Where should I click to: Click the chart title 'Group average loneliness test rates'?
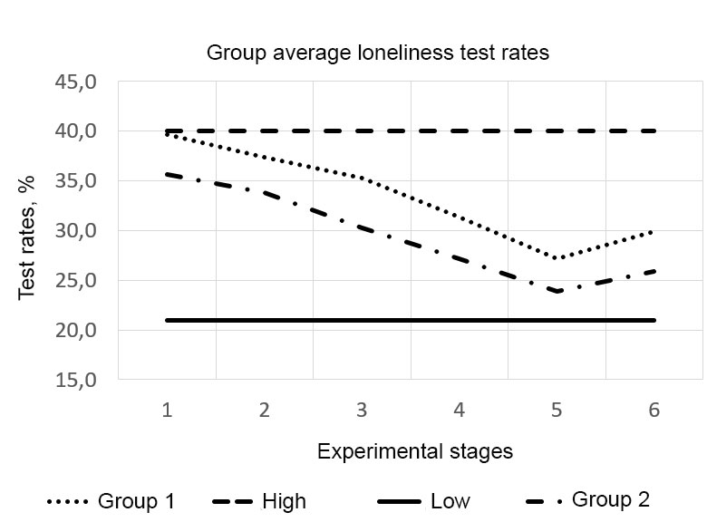(x=378, y=53)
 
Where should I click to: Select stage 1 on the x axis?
(x=168, y=410)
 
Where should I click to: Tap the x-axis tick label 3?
(x=362, y=410)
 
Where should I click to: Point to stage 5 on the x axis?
(x=557, y=410)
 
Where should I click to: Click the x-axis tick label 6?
(x=654, y=410)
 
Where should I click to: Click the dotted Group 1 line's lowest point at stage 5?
(x=557, y=258)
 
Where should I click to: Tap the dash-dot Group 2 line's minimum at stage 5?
(x=557, y=291)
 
